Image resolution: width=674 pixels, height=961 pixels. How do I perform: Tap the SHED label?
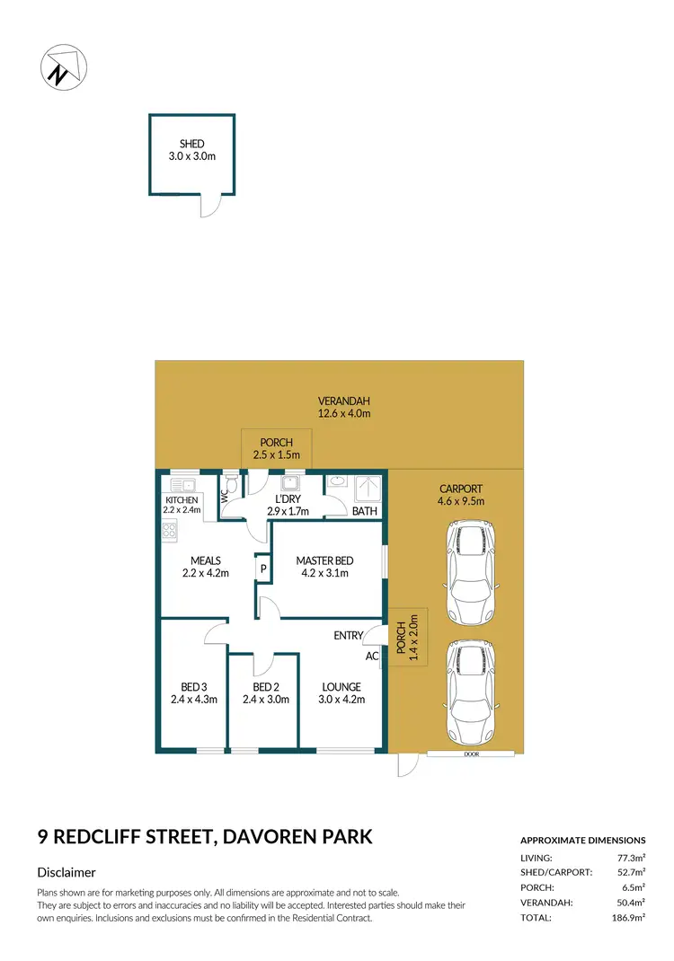pyautogui.click(x=191, y=144)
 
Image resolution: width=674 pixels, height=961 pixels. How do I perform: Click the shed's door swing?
pyautogui.click(x=208, y=207)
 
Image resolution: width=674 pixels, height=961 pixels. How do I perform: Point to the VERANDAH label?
pyautogui.click(x=343, y=401)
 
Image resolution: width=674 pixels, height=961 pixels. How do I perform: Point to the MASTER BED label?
pyautogui.click(x=324, y=561)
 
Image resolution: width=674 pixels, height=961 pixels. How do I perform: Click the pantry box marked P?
pyautogui.click(x=263, y=569)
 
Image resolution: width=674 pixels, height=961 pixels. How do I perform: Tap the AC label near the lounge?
pyautogui.click(x=372, y=657)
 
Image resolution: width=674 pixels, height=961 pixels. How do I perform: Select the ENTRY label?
pyautogui.click(x=348, y=636)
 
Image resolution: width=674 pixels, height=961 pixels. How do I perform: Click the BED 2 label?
pyautogui.click(x=268, y=687)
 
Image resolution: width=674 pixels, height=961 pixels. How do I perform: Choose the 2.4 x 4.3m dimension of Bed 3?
pyautogui.click(x=194, y=700)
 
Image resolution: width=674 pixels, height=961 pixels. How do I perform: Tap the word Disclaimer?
pyautogui.click(x=67, y=872)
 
